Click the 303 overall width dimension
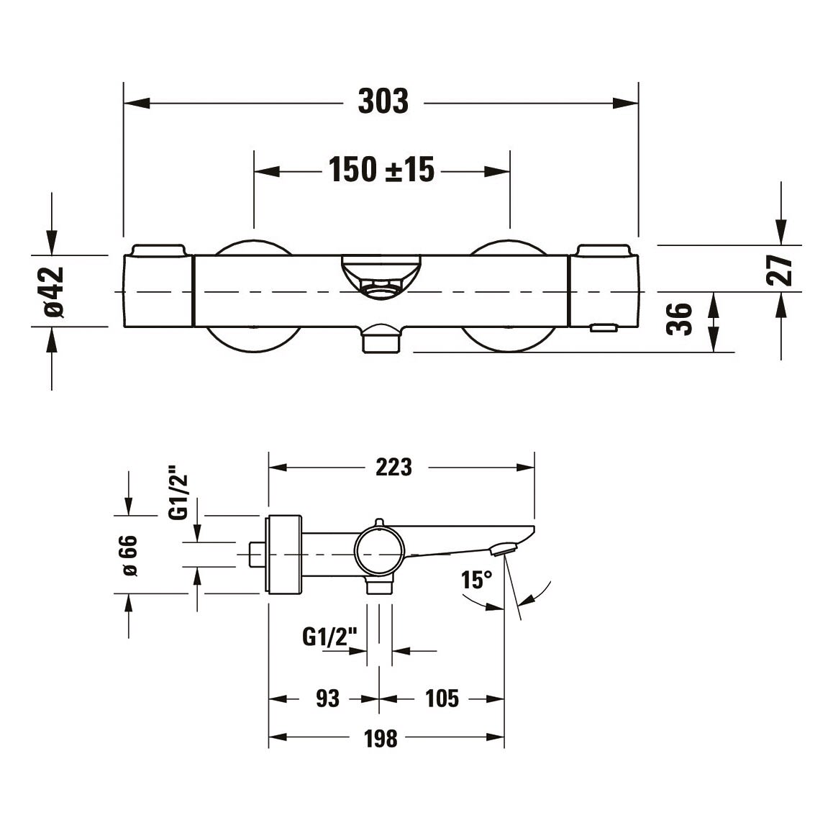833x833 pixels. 383,101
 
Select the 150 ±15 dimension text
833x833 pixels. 381,170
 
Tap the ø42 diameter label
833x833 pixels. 54,291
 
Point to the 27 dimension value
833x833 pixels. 780,270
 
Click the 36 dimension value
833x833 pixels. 680,319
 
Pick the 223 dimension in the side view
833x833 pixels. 393,468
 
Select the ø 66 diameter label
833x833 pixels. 129,555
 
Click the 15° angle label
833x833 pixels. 476,580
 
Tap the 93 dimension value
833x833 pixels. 327,698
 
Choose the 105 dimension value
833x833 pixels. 442,698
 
